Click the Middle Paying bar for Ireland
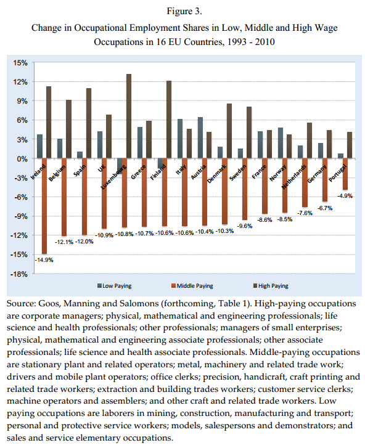[44, 206]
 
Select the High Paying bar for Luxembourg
[129, 116]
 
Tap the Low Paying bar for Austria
[200, 137]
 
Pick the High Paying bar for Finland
[169, 120]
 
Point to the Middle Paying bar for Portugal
[345, 174]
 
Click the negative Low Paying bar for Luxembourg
[120, 166]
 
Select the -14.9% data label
[44, 260]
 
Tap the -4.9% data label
[345, 196]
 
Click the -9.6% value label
[245, 226]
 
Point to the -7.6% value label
[305, 213]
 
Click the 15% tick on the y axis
[20, 63]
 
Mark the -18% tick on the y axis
[19, 274]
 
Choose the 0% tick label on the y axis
[22, 158]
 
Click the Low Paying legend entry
[114, 286]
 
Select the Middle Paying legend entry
[192, 286]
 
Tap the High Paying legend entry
[271, 286]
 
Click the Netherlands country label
[294, 177]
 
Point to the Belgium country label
[57, 173]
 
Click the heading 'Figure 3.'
[184, 11]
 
